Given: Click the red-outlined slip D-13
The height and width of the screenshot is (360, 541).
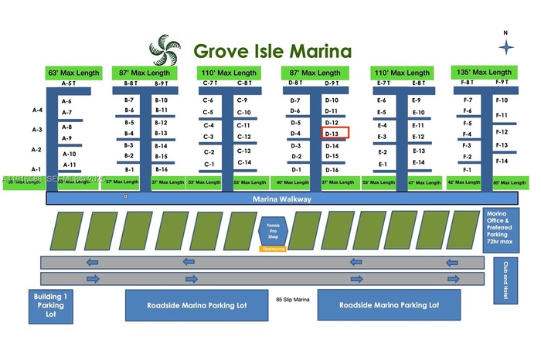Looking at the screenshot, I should [335, 133].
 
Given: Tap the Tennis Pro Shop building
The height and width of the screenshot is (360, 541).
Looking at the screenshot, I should [274, 229].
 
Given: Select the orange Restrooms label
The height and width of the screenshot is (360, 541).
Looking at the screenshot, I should [274, 249].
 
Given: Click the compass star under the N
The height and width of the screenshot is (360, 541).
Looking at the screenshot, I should [506, 48].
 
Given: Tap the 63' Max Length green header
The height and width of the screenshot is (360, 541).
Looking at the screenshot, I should [73, 73].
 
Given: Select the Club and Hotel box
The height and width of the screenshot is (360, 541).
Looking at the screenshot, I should [507, 281].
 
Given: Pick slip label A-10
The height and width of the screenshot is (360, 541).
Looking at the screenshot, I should [69, 154].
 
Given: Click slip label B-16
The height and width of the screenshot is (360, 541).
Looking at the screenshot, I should [161, 169].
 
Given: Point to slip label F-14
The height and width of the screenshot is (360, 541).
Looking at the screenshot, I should [501, 161].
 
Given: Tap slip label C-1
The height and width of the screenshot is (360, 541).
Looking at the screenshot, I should [209, 165].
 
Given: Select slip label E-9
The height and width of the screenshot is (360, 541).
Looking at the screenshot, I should [416, 100].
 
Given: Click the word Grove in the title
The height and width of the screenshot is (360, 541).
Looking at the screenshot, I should [219, 51].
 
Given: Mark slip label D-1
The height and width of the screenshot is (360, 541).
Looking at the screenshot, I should [296, 169].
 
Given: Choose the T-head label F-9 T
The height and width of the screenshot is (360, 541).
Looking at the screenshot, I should [501, 82].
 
